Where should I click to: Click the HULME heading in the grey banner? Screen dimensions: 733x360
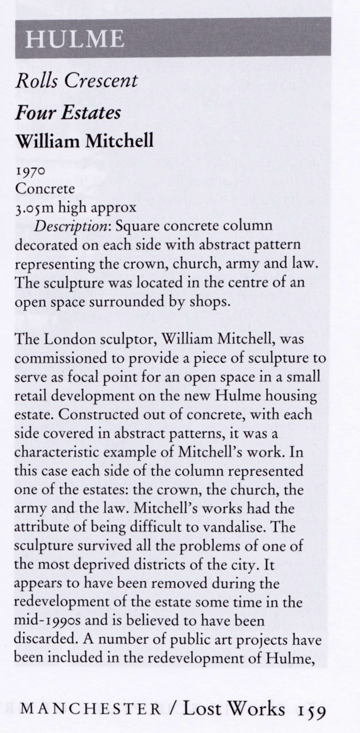pyautogui.click(x=74, y=39)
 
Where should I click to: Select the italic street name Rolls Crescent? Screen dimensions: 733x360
pyautogui.click(x=76, y=80)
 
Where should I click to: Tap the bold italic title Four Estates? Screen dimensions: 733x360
pyautogui.click(x=68, y=112)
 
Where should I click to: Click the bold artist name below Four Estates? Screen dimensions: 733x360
pyautogui.click(x=84, y=141)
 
